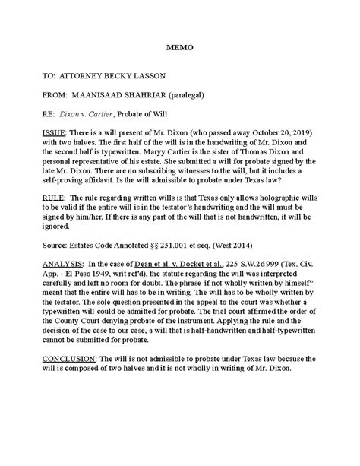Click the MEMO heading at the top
[x=180, y=48]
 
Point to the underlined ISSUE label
[x=56, y=132]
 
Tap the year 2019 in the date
[x=285, y=132]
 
